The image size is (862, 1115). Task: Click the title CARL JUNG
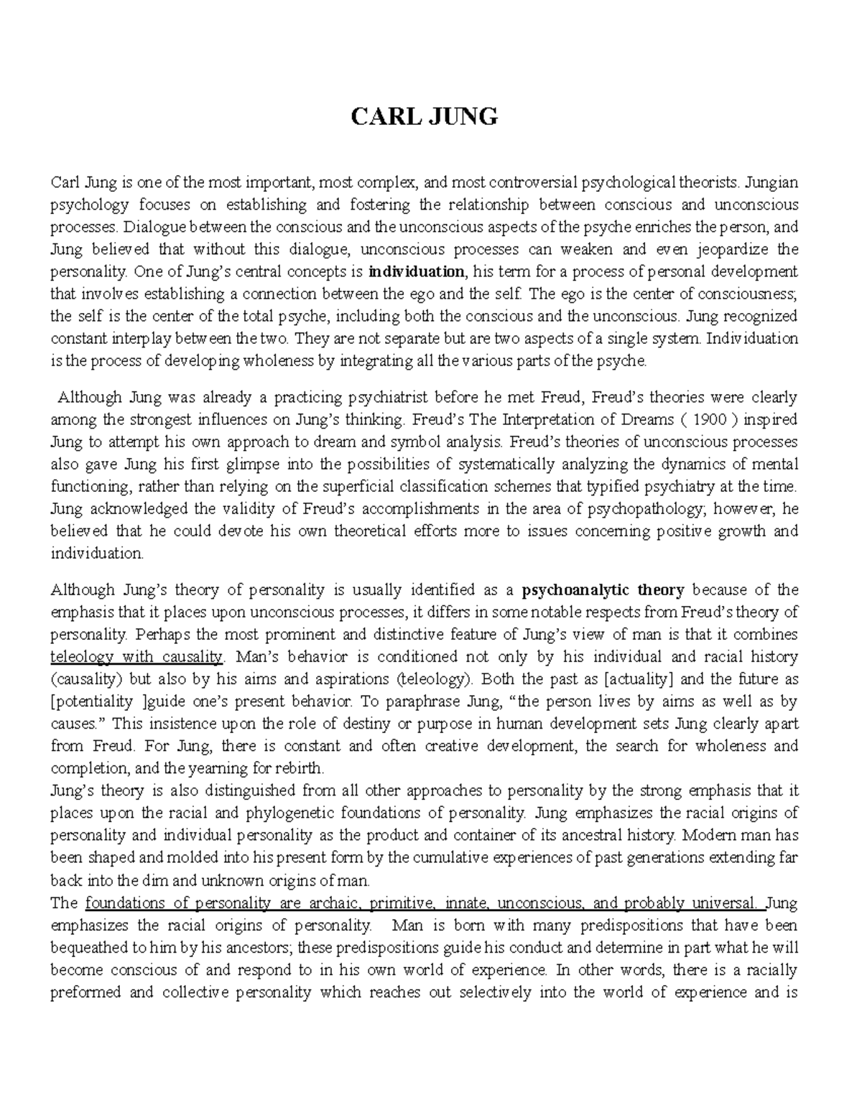[x=423, y=116]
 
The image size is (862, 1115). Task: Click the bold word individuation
[x=417, y=272]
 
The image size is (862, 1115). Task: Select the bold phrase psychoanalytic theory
[x=603, y=590]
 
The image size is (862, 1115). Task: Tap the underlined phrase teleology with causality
[x=137, y=656]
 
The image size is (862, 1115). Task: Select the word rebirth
[x=300, y=768]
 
